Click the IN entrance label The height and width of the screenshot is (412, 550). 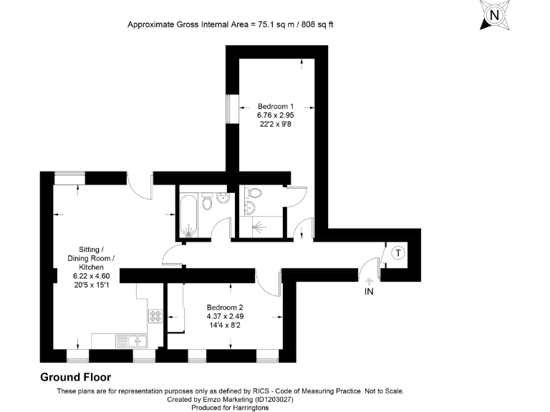370,292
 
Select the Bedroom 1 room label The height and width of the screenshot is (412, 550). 276,105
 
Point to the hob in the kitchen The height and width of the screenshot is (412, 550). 155,315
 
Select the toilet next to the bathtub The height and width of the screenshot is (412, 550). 208,203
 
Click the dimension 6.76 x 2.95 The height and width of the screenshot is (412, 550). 276,114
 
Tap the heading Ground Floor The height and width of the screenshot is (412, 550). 75,377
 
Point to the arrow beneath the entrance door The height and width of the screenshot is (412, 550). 370,281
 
